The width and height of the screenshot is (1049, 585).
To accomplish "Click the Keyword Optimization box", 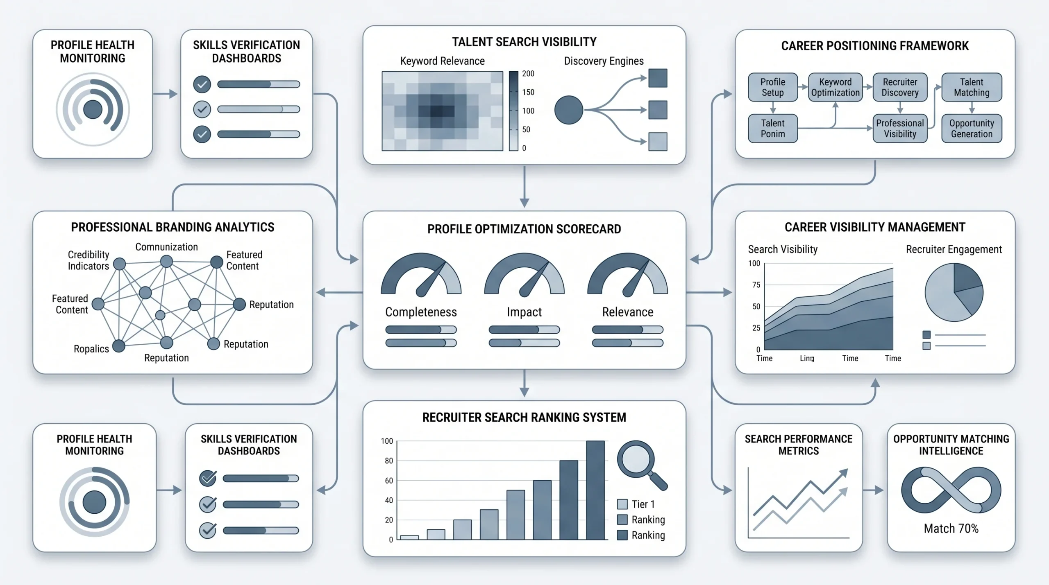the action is pos(835,87).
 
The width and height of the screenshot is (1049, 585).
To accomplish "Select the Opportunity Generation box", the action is pos(972,129).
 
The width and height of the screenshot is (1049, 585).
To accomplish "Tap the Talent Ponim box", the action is pos(773,129).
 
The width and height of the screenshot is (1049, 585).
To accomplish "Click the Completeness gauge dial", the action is pos(421,274).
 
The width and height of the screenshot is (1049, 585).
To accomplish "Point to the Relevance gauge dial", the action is pos(628,274).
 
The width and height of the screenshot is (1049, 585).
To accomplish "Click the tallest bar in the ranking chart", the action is pos(595,490).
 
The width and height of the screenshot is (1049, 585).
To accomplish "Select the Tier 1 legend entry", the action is pos(636,504).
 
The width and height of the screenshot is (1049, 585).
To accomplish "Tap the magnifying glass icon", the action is pos(642,465).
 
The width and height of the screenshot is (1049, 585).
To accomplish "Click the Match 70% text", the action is pos(951,529).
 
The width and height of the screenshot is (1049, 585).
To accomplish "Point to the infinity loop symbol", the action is pos(951,490).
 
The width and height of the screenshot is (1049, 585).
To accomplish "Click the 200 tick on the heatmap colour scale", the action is pos(528,74).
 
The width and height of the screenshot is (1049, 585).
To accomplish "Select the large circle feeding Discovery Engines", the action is pos(569,110).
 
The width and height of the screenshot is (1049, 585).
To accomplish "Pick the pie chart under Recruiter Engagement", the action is pos(954,292).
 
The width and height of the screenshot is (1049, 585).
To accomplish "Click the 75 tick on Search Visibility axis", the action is pos(756,285).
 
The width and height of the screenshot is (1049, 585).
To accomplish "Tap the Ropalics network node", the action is pos(119,346).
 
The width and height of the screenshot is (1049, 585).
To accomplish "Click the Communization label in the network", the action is pos(166,247).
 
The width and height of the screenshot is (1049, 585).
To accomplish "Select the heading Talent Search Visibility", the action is pos(524,42).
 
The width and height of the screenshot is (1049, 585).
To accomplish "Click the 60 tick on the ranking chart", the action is pos(389,481).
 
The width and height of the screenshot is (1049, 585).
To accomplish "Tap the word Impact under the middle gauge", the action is pos(524,312).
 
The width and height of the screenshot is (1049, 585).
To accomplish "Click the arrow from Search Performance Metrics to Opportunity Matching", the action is pos(873,490).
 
